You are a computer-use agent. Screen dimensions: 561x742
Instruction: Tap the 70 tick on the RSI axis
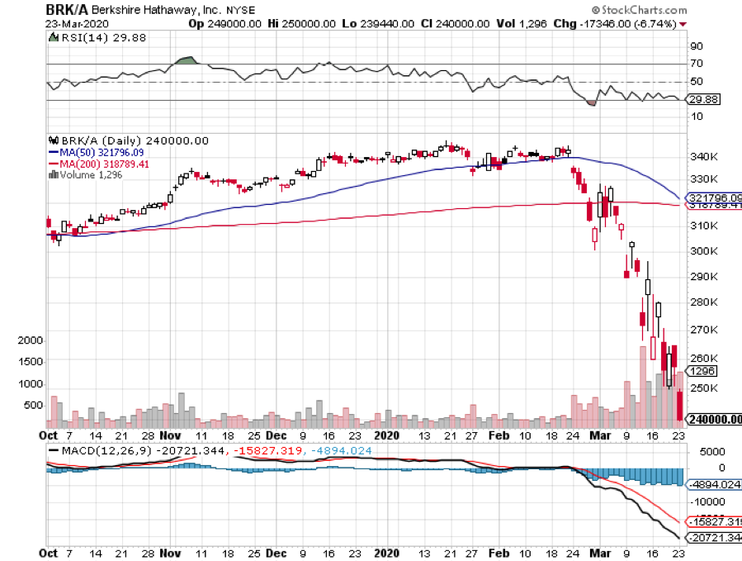click(697, 63)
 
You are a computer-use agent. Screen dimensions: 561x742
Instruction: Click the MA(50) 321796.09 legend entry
click(99, 153)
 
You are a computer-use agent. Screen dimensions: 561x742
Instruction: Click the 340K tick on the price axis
click(702, 156)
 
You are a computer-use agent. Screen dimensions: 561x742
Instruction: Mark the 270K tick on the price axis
click(702, 330)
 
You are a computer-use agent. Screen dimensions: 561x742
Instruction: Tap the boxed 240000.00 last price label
click(715, 420)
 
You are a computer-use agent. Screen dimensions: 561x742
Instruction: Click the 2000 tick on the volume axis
click(31, 340)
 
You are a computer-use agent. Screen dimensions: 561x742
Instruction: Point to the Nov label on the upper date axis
click(171, 434)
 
